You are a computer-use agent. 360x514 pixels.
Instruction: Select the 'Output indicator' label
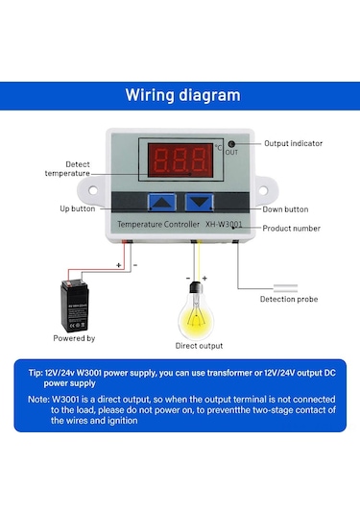coord(293,143)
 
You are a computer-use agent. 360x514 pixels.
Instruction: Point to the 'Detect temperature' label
coord(68,169)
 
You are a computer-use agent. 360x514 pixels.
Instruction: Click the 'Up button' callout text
coord(77,208)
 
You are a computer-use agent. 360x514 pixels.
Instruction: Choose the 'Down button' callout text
coord(285,208)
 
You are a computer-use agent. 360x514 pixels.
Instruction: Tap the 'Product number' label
coord(292,228)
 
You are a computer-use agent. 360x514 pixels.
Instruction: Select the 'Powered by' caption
coord(74,338)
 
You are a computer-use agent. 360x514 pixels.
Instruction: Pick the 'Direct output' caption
coord(199,345)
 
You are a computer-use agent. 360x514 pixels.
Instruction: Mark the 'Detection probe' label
coord(290,299)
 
